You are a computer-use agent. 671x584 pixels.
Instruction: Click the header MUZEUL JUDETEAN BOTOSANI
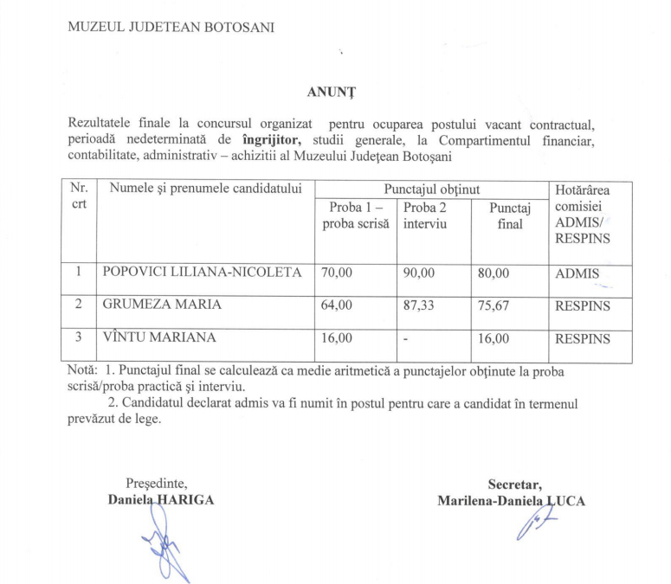pyautogui.click(x=171, y=27)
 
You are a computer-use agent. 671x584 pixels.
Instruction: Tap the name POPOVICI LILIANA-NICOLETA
pyautogui.click(x=202, y=273)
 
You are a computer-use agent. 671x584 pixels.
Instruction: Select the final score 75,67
pyautogui.click(x=494, y=305)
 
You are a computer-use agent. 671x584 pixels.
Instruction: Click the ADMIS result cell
pyautogui.click(x=577, y=274)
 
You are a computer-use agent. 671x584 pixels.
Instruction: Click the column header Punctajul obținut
pyautogui.click(x=431, y=189)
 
